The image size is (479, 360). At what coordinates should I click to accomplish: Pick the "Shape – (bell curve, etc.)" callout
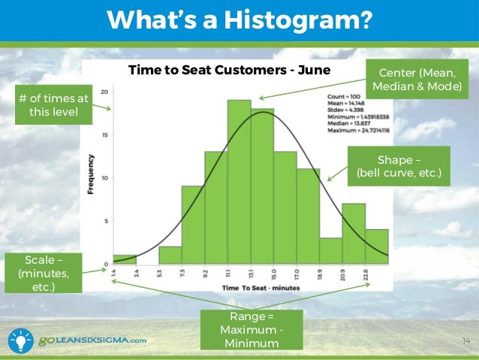(x=399, y=167)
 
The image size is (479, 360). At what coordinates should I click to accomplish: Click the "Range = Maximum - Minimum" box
(x=251, y=330)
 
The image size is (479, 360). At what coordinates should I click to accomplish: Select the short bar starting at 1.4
(x=125, y=260)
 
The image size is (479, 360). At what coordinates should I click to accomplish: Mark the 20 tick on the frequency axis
(x=106, y=92)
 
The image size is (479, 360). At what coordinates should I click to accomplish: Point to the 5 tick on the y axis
(x=107, y=221)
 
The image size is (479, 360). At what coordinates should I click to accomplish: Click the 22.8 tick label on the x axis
(x=365, y=275)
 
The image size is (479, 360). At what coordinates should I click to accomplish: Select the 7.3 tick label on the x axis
(x=182, y=275)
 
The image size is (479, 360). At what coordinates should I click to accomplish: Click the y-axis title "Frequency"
(x=91, y=174)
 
